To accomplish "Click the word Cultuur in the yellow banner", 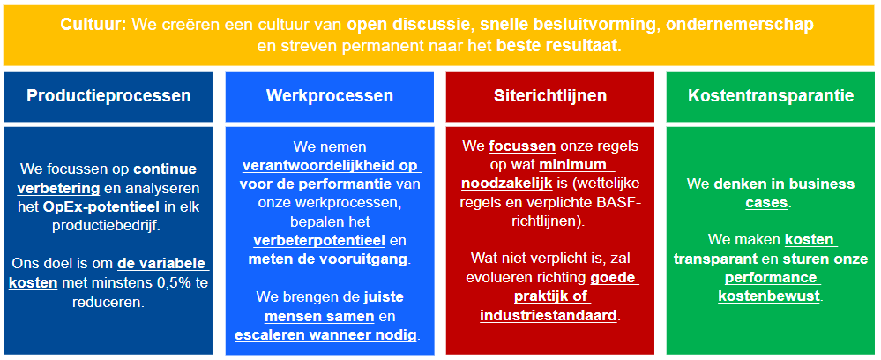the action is tap(93, 25).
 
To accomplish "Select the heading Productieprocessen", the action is tap(108, 95).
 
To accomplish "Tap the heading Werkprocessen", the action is tap(330, 95).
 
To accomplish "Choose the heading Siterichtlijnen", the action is tap(550, 95).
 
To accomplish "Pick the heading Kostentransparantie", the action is tap(771, 95).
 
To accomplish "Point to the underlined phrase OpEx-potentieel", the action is tap(101, 207).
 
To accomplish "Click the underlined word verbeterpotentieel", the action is tap(319, 241).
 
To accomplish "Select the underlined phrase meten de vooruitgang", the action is tap(328, 259).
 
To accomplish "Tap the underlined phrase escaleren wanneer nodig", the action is tap(327, 335).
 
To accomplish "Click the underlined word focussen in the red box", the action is tap(523, 146).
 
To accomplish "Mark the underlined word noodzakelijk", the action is tap(507, 184).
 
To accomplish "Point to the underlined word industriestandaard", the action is tap(549, 315).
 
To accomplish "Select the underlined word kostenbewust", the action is tap(769, 296).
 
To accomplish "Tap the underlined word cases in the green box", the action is tap(766, 203).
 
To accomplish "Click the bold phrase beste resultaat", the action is tap(556, 46).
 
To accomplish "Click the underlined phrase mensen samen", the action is tap(319, 317).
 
